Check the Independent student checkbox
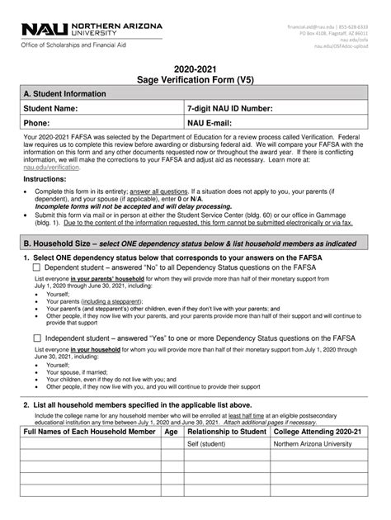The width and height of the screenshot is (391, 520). (36, 338)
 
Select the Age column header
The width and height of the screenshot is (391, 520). (171, 432)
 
